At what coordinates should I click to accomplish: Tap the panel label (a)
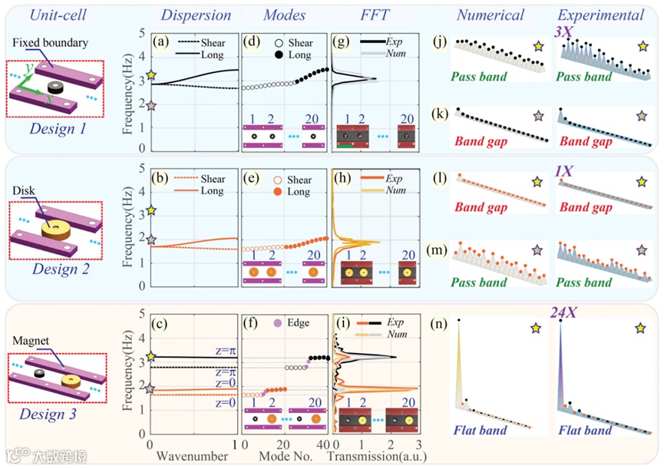[161, 41]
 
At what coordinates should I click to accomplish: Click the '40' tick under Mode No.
[324, 444]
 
